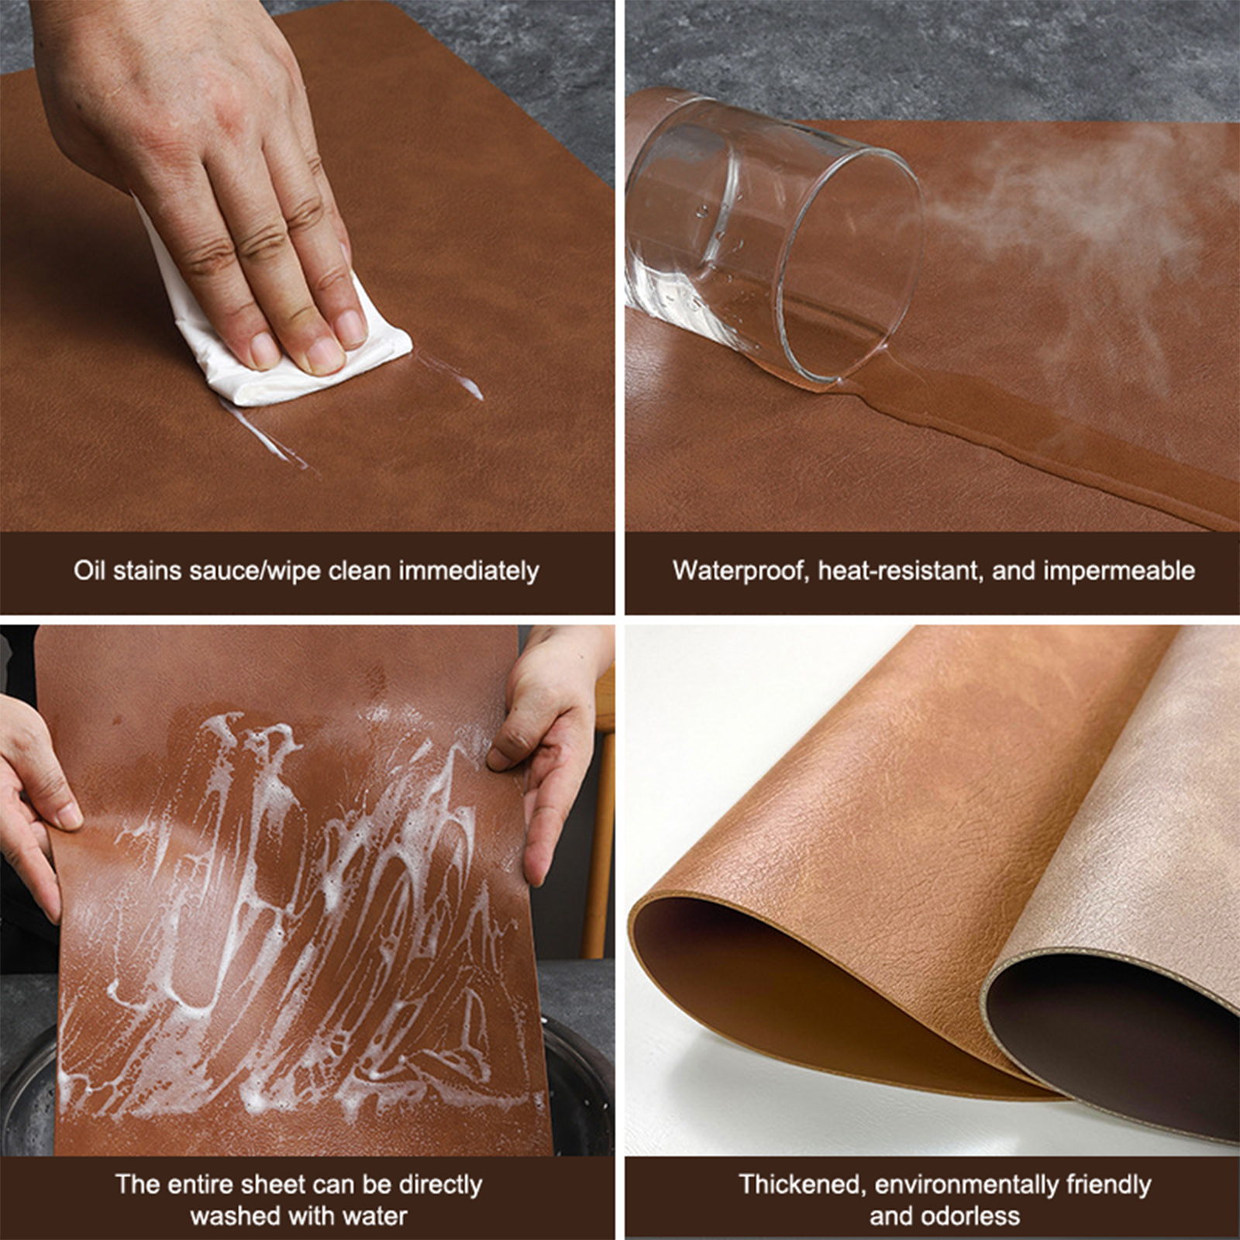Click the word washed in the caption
(233, 1216)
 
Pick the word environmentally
(966, 1185)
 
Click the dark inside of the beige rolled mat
(1116, 1031)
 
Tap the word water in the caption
(374, 1216)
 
